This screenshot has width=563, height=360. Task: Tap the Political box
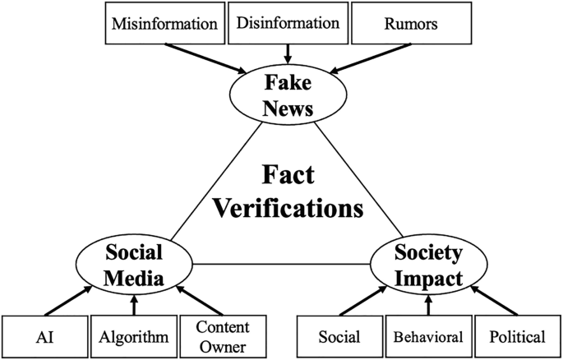pyautogui.click(x=515, y=335)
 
